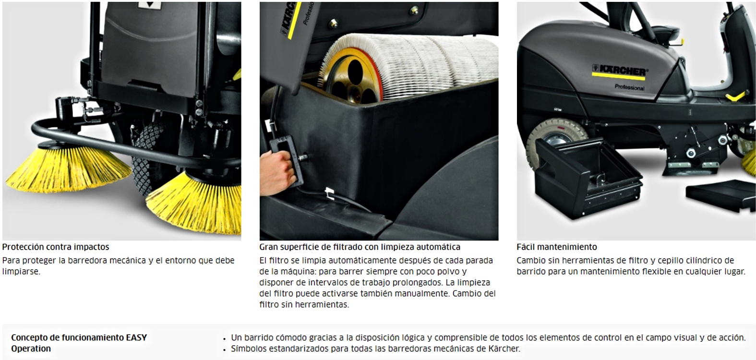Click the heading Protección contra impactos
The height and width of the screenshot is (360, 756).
click(x=56, y=247)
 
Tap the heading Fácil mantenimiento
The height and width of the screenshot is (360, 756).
click(x=556, y=247)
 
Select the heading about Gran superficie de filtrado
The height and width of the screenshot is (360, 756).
click(x=360, y=247)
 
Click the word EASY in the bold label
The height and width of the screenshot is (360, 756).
click(x=137, y=337)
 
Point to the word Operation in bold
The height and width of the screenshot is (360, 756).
click(x=31, y=348)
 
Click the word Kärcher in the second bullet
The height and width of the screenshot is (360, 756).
click(x=504, y=348)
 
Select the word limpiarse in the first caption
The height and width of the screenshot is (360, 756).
click(x=21, y=272)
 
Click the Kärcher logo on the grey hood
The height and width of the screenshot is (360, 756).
click(x=619, y=71)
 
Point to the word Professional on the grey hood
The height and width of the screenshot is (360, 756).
click(x=629, y=87)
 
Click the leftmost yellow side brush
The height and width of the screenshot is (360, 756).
click(x=68, y=170)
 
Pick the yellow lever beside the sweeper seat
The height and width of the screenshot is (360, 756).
click(x=736, y=96)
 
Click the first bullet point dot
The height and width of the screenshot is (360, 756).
click(x=225, y=339)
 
